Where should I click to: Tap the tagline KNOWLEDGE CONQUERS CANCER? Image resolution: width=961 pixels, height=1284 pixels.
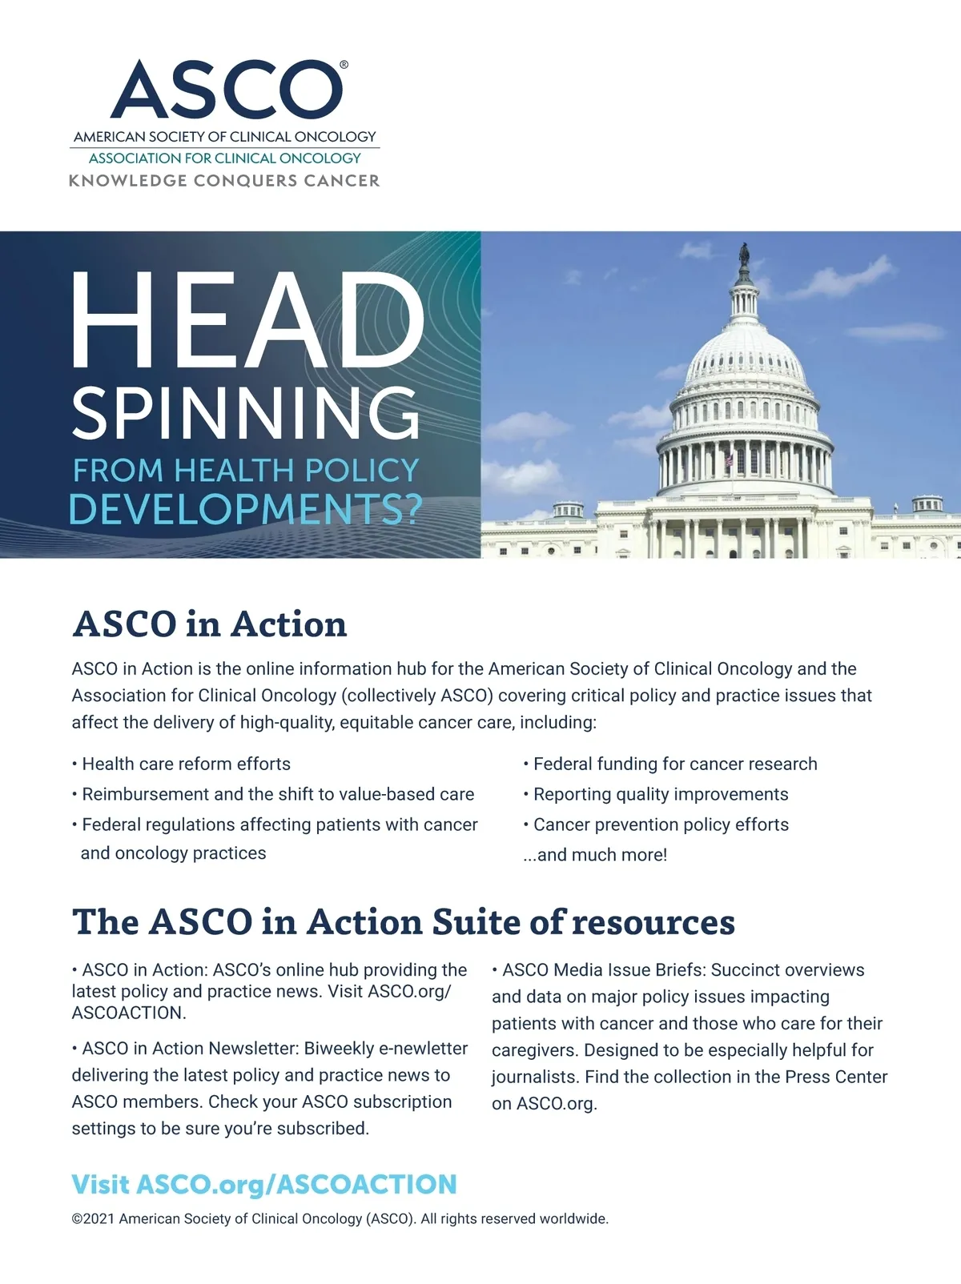(224, 181)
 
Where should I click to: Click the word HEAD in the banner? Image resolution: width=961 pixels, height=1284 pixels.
(247, 321)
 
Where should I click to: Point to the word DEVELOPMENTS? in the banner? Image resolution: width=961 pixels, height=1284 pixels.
(245, 510)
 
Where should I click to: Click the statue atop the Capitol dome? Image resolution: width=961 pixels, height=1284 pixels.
(744, 255)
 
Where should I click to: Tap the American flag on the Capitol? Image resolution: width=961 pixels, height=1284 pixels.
(729, 461)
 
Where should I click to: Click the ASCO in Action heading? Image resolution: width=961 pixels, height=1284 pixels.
(210, 624)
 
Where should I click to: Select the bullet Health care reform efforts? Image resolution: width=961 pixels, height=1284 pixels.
(186, 764)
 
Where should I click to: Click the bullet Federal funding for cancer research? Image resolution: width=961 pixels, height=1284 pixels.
(675, 764)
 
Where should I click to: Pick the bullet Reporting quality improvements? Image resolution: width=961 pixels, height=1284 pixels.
(661, 794)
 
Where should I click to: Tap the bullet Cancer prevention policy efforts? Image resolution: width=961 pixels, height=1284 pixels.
(661, 825)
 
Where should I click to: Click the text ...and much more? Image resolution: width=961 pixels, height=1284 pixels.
(595, 855)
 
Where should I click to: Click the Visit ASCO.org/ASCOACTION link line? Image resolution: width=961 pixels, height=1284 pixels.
(264, 1184)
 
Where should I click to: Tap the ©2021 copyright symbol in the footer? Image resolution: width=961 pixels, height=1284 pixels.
(77, 1219)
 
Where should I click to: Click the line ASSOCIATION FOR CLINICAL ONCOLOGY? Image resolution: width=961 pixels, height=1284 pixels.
(224, 158)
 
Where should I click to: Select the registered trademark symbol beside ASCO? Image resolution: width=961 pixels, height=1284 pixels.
(344, 65)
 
